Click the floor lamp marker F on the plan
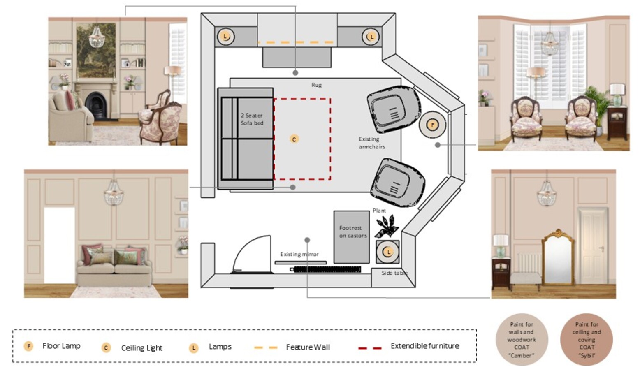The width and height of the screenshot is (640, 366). click(432, 125)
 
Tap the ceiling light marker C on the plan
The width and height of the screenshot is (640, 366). click(294, 139)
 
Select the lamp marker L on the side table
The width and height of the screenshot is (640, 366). click(388, 252)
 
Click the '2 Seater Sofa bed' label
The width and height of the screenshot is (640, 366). click(252, 119)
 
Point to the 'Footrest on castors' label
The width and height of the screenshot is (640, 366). click(353, 232)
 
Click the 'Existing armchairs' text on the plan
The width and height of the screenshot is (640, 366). click(372, 143)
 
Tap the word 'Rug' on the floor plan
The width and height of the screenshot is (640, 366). click(317, 85)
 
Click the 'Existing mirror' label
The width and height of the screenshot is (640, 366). click(299, 254)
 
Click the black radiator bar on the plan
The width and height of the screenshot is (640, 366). click(327, 269)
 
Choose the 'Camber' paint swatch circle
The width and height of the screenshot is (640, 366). click(522, 340)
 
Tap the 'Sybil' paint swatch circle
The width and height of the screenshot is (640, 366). click(587, 340)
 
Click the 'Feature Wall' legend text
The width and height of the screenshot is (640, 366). click(308, 347)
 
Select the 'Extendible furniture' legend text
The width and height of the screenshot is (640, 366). click(425, 346)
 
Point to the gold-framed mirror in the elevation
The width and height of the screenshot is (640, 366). click(558, 257)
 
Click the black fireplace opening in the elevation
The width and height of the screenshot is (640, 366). click(96, 106)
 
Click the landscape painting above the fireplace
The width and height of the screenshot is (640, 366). click(96, 51)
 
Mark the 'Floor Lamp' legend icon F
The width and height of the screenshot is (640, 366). click(28, 346)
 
